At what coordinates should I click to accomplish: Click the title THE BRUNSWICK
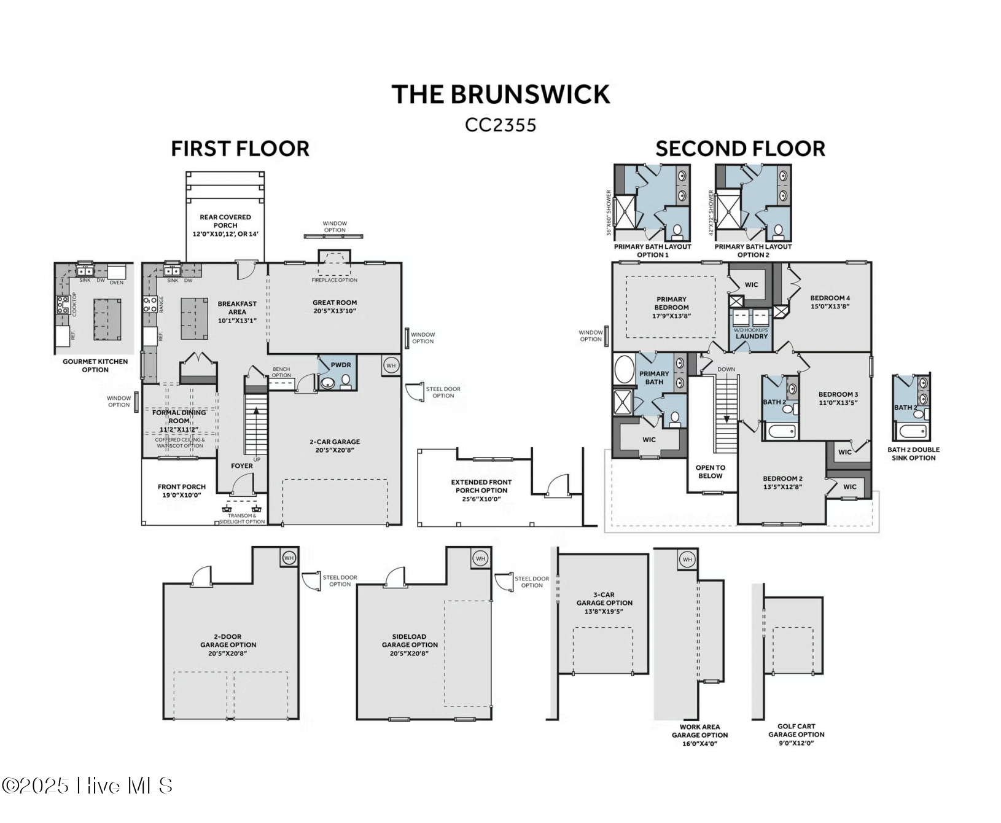point(500,95)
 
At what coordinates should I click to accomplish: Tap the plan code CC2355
point(500,125)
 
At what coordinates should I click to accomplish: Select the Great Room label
point(334,306)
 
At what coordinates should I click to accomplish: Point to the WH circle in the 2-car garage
point(391,365)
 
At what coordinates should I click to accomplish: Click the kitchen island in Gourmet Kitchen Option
point(107,319)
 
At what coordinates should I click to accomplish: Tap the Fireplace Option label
point(334,280)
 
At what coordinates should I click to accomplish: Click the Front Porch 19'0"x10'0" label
point(182,490)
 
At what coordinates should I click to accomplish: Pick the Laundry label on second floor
point(751,337)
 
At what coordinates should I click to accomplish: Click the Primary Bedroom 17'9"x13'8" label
point(671,308)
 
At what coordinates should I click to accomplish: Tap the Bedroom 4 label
point(830,302)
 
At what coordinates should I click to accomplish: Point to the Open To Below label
point(710,472)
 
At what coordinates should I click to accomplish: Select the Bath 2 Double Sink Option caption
point(913,454)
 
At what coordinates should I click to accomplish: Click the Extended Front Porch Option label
point(481,490)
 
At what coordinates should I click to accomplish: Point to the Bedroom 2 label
point(782,482)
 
